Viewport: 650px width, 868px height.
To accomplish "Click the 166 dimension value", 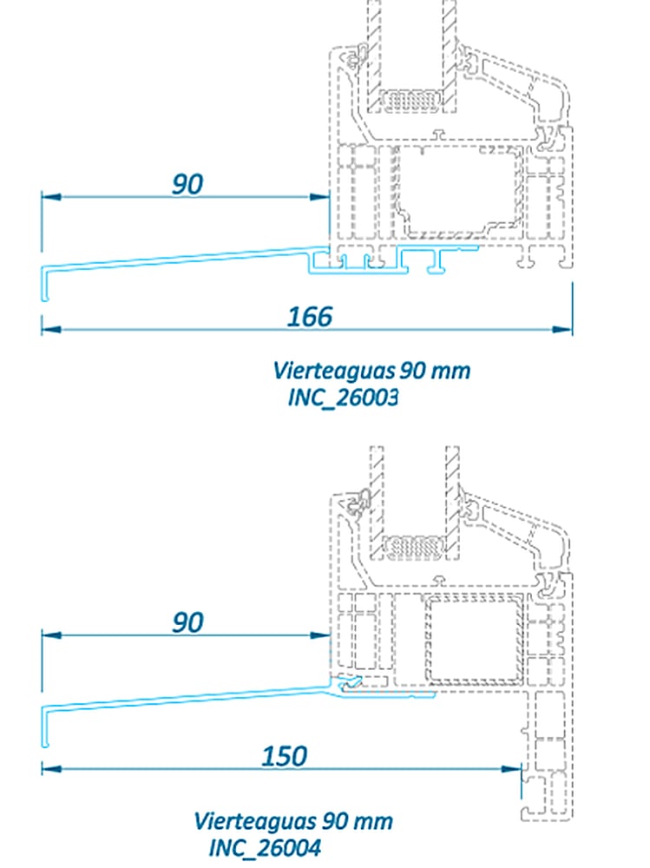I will [310, 316].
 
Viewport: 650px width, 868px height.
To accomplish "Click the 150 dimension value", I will [285, 755].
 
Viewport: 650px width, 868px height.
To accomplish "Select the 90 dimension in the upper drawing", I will [187, 184].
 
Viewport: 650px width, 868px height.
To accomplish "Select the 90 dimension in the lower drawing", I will [187, 622].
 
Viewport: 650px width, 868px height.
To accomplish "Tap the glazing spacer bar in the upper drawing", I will [412, 101].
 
